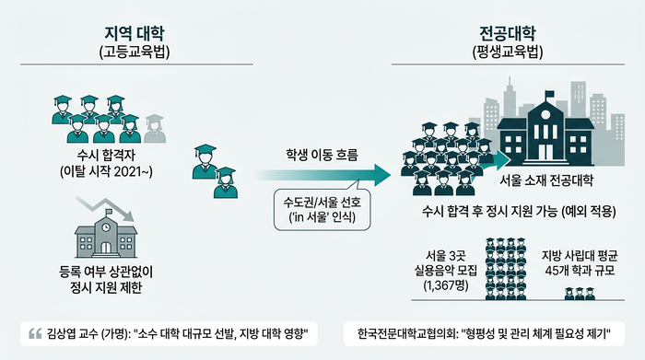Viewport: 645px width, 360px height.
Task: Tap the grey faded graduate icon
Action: pyautogui.click(x=155, y=129)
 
